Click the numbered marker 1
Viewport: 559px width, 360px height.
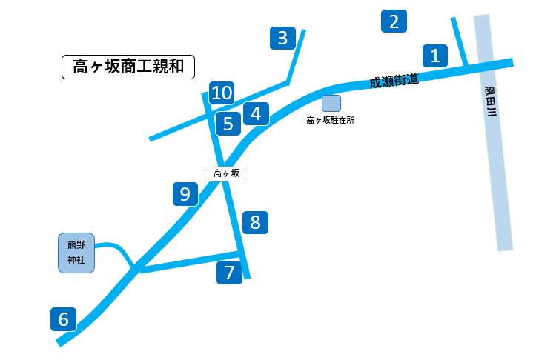pyautogui.click(x=435, y=55)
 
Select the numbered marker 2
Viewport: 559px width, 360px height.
pyautogui.click(x=394, y=21)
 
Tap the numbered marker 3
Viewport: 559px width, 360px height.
pyautogui.click(x=282, y=38)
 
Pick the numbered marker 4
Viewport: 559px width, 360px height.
pyautogui.click(x=256, y=113)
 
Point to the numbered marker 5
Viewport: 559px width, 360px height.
pyautogui.click(x=228, y=124)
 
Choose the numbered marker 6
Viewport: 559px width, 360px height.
pyautogui.click(x=64, y=319)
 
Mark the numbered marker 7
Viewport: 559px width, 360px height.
pyautogui.click(x=229, y=272)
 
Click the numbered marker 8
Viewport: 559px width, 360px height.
pyautogui.click(x=255, y=222)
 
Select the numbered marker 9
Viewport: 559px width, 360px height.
pyautogui.click(x=185, y=194)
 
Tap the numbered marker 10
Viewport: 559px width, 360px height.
pyautogui.click(x=222, y=93)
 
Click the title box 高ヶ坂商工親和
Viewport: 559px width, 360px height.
pyautogui.click(x=128, y=67)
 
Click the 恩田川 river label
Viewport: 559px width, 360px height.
pyautogui.click(x=490, y=102)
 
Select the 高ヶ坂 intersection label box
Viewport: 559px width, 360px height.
pyautogui.click(x=226, y=173)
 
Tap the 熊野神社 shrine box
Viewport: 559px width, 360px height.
pyautogui.click(x=76, y=253)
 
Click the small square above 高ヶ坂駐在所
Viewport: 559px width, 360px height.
pyautogui.click(x=331, y=103)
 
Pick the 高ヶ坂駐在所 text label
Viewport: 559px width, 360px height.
pyautogui.click(x=331, y=119)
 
